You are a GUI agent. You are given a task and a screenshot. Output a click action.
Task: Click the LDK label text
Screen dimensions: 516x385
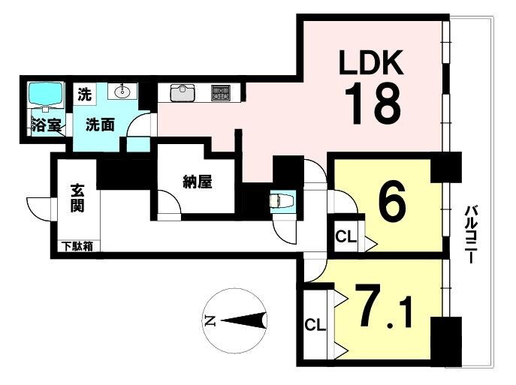pyautogui.click(x=371, y=62)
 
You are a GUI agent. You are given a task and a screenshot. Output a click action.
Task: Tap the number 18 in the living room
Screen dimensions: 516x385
pyautogui.click(x=373, y=104)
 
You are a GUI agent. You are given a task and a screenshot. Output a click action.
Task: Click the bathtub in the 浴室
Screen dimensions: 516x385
pyautogui.click(x=45, y=94)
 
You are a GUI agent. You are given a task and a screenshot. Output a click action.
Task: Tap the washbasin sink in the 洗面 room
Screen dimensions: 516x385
pyautogui.click(x=122, y=91)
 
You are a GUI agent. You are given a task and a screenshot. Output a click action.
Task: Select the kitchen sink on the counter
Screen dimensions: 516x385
pyautogui.click(x=182, y=93)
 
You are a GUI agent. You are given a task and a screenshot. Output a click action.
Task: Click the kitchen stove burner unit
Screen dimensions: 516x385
pyautogui.click(x=221, y=93)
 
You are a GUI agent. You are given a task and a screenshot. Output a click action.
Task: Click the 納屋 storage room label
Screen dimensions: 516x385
pyautogui.click(x=197, y=182)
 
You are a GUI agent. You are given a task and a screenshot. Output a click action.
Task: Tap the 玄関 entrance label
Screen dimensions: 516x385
pyautogui.click(x=77, y=198)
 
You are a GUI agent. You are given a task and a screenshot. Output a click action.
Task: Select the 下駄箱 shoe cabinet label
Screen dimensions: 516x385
pyautogui.click(x=77, y=247)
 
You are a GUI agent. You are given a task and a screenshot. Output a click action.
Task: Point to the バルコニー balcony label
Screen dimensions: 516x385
pyautogui.click(x=471, y=233)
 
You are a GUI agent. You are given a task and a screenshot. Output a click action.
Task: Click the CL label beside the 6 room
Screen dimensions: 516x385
pyautogui.click(x=346, y=236)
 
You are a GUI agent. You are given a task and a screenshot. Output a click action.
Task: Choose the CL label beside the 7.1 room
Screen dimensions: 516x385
pyautogui.click(x=315, y=325)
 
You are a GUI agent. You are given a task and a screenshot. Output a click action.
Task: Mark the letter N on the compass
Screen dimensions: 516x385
pyautogui.click(x=210, y=320)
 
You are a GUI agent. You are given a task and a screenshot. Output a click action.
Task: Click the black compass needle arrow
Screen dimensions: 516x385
pyautogui.click(x=244, y=320)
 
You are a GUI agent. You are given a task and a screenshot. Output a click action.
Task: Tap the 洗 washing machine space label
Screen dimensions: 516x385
pyautogui.click(x=85, y=95)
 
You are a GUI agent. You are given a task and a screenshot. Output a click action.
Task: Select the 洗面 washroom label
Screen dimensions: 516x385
pyautogui.click(x=100, y=125)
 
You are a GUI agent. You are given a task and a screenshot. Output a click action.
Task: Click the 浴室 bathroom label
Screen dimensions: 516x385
pyautogui.click(x=47, y=125)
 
